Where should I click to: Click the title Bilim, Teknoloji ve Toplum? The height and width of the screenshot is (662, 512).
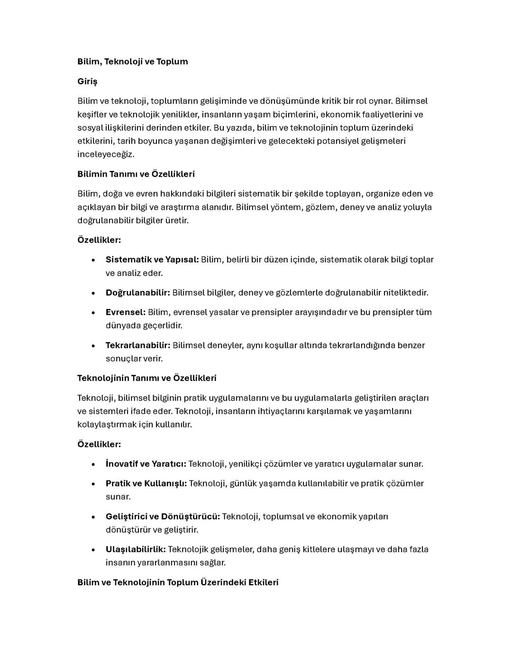point(132,62)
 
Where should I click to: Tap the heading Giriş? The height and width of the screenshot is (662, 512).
point(87,82)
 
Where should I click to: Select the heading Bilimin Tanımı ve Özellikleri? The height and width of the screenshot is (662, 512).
point(136,174)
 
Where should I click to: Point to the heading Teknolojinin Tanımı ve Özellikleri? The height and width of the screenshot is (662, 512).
point(147,378)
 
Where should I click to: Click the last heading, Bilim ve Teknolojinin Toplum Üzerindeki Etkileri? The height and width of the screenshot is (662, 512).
point(178,582)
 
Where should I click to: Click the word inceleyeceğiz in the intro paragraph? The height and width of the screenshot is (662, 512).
point(105,154)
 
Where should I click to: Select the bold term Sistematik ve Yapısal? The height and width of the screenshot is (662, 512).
point(152,260)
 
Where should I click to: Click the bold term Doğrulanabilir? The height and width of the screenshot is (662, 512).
point(137,293)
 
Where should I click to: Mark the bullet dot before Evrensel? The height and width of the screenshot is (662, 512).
point(93,313)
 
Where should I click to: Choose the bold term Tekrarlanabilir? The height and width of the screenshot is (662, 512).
point(137,345)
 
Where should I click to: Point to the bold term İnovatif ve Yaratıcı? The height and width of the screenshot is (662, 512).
point(146,464)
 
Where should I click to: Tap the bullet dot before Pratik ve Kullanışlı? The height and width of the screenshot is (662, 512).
point(93,484)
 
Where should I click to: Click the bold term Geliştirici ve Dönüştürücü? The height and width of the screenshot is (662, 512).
point(163,517)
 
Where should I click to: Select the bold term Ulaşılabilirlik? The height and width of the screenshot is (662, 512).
point(136,550)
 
